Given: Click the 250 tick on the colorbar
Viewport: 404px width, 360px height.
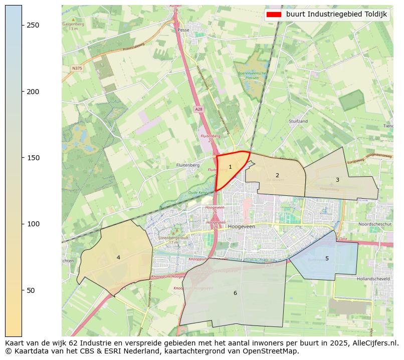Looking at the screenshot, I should pos(22,26).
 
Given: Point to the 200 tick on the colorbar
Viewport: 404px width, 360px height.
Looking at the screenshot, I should pos(22,92).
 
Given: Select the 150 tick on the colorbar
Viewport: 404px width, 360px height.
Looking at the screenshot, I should pos(22,158).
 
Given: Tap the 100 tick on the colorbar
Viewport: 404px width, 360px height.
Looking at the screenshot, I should pos(22,224).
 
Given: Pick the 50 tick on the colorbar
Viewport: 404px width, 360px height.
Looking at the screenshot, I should pos(22,290).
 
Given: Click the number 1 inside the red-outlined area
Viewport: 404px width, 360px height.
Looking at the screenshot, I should pos(230,167).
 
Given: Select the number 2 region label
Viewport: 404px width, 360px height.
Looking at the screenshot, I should pos(277,175).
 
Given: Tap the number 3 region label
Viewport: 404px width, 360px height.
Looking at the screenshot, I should pos(337,180).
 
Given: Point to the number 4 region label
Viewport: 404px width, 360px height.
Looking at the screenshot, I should pos(118,257).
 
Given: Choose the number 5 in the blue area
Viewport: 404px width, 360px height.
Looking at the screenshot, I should pos(327,258).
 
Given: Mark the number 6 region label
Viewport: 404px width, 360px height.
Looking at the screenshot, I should pos(235,293).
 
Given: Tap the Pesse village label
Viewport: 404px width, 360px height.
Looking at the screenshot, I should pos(183,30).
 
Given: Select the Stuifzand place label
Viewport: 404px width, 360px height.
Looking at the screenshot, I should pos(298,122).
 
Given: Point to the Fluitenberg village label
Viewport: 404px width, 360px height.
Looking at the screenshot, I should pos(188,165).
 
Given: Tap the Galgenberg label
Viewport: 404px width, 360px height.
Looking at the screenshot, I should pos(73,24).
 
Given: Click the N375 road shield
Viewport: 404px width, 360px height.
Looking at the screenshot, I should pos(77,68).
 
